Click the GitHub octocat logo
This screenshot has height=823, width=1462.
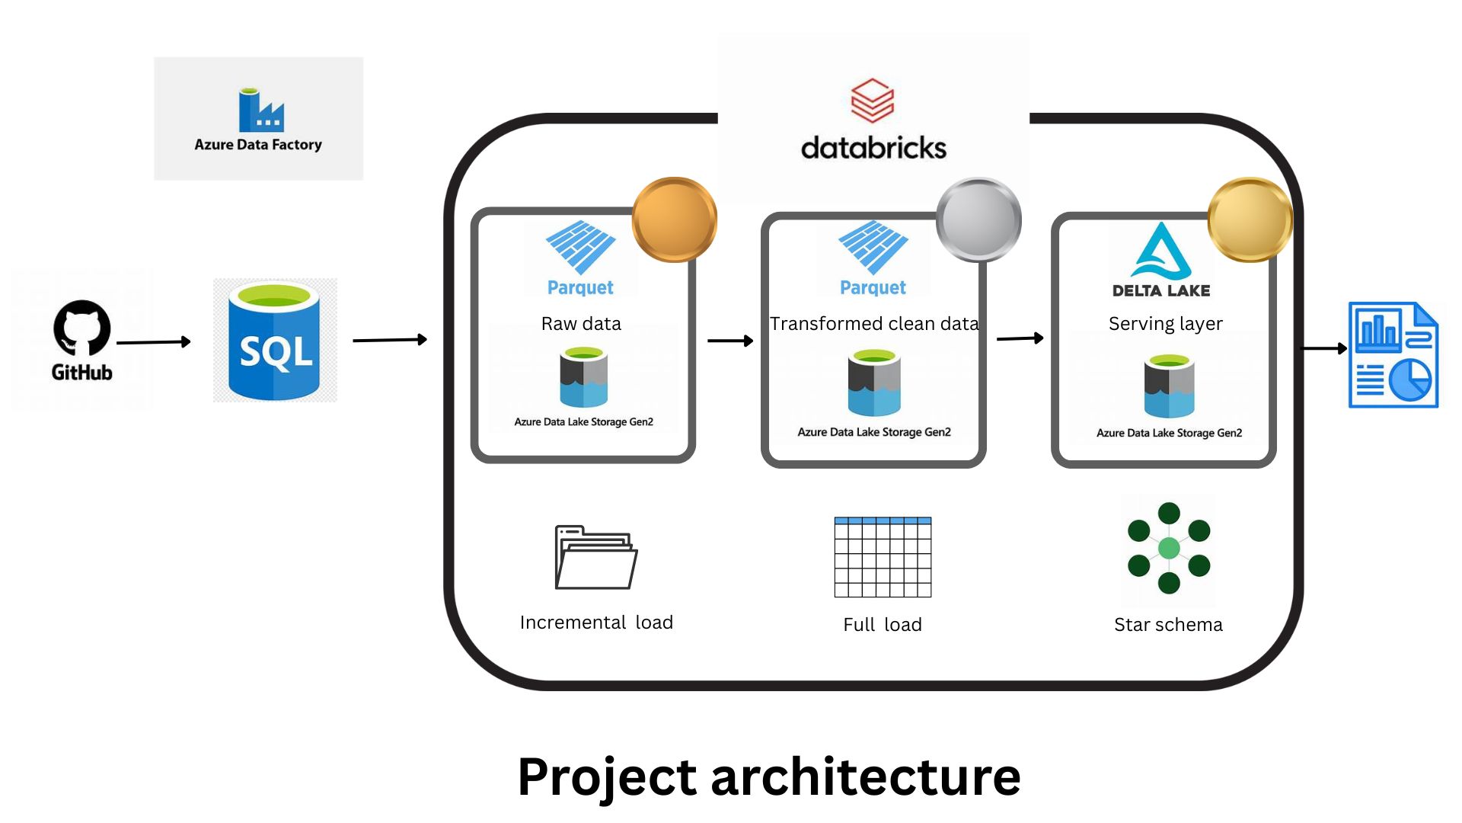pos(81,328)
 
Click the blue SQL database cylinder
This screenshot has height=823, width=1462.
pos(274,341)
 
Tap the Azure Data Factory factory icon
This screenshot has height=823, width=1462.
pos(260,110)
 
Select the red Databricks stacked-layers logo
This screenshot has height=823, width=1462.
pos(872,101)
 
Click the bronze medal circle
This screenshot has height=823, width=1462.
pos(674,219)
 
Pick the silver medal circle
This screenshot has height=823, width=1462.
pos(978,219)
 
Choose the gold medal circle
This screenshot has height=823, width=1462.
pos(1250,219)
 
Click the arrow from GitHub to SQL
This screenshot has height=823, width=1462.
pos(152,342)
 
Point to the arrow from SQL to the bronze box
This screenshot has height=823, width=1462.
pos(389,340)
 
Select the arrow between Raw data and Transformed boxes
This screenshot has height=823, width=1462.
pos(729,341)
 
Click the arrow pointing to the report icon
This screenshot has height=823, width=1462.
pos(1324,348)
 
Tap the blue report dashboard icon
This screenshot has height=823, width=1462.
pos(1393,355)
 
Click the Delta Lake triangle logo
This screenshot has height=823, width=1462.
pos(1161,251)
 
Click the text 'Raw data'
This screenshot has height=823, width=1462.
pos(581,324)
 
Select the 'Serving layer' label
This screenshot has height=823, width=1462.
pos(1165,324)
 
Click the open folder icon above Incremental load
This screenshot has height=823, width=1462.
pos(595,558)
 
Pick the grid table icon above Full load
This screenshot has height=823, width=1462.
pos(883,557)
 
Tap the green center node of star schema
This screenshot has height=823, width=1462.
pos(1169,548)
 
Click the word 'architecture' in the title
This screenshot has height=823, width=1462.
pos(865,777)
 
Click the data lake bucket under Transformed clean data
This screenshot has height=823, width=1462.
pos(874,383)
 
